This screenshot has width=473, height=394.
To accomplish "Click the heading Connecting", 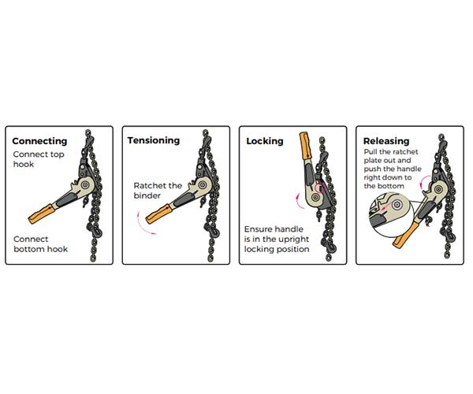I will coord(39,142).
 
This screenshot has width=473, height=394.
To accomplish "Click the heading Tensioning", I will coord(154,140).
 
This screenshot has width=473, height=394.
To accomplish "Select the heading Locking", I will coord(265,141).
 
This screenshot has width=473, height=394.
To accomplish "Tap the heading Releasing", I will coord(385,140).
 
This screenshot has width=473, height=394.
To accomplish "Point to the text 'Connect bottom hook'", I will coord(41,243).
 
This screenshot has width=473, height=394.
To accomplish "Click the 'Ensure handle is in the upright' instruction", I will coord(276,239).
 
